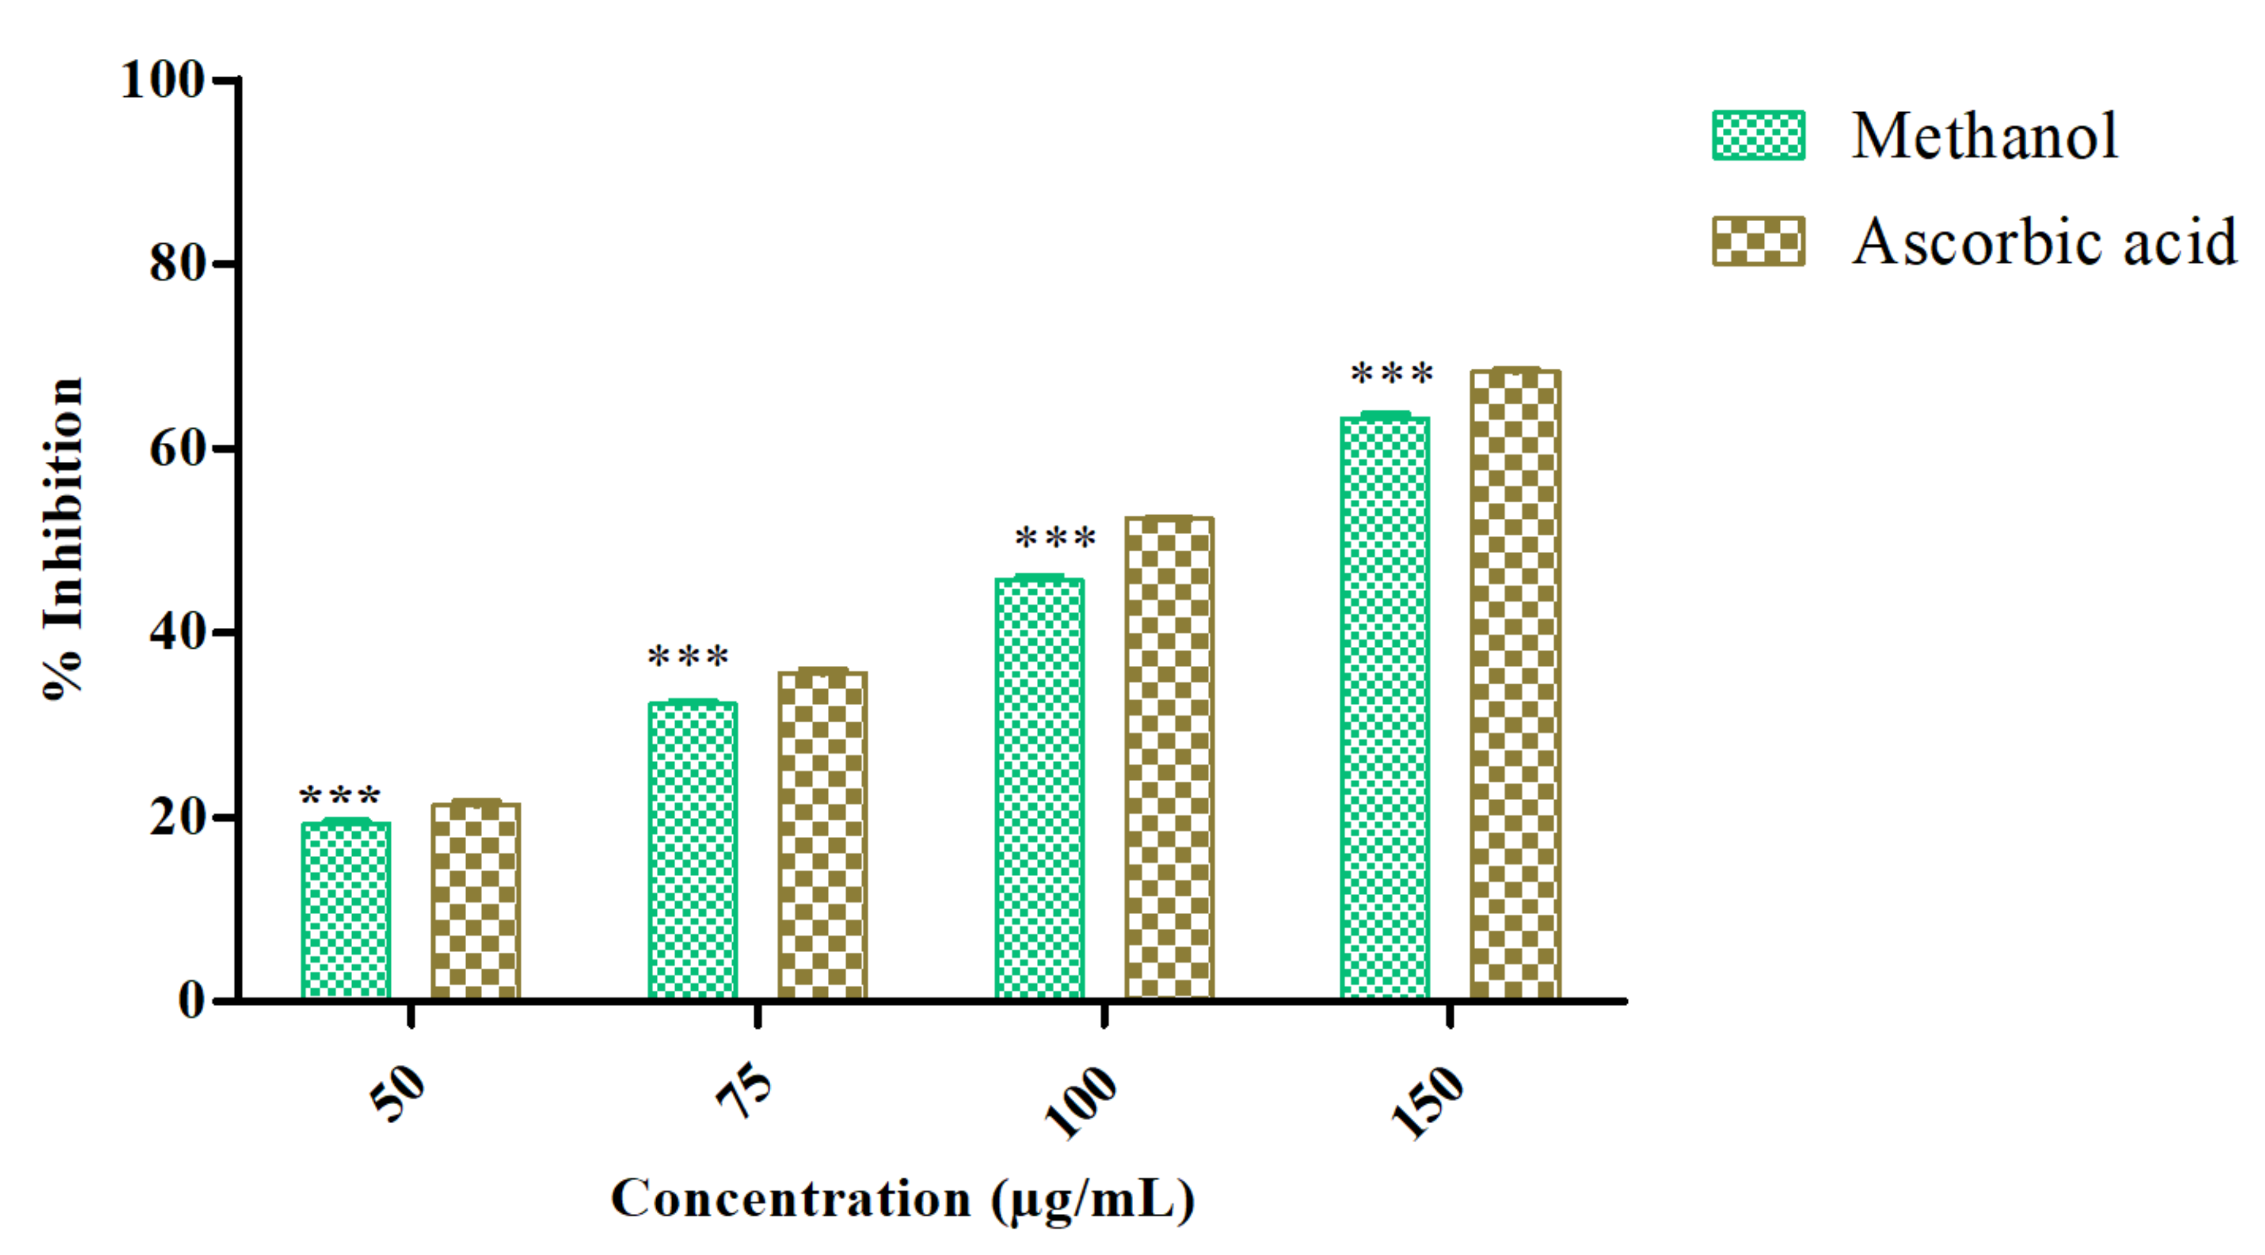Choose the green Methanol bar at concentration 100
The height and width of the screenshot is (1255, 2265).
tap(1039, 789)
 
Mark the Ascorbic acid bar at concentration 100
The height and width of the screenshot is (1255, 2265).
tap(1169, 758)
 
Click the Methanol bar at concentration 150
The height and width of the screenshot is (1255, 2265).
tap(1385, 708)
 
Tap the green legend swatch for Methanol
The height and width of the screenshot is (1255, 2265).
tap(1758, 136)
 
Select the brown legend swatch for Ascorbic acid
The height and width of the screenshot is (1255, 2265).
tap(1758, 241)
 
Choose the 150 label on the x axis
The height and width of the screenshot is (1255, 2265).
tap(1428, 1101)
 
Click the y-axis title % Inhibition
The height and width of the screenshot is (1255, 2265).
tap(63, 538)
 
